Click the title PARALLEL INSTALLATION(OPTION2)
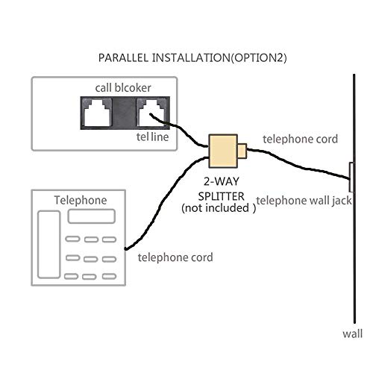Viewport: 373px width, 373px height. point(192,58)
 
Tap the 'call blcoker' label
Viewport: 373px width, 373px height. point(123,88)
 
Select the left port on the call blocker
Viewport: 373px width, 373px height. point(97,113)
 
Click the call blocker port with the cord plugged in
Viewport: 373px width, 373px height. point(151,113)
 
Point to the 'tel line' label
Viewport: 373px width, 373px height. point(152,137)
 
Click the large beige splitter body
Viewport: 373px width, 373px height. point(223,151)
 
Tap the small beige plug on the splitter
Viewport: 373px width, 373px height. point(242,151)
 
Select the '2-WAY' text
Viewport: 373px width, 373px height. point(221,181)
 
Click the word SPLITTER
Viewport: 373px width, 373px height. point(221,196)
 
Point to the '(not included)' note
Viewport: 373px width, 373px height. point(219,208)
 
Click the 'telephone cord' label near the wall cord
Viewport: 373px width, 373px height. point(300,139)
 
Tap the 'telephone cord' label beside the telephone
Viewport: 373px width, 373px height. point(175,257)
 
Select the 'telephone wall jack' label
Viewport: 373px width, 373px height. point(304,201)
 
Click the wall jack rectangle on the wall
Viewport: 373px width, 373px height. point(351,177)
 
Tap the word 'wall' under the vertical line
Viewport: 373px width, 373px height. point(352,333)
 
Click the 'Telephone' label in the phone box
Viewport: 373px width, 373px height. point(81,200)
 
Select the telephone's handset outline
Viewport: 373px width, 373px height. point(49,245)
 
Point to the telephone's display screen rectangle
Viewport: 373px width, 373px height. point(92,216)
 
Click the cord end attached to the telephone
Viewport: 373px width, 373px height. point(126,248)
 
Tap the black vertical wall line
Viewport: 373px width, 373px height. point(354,198)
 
